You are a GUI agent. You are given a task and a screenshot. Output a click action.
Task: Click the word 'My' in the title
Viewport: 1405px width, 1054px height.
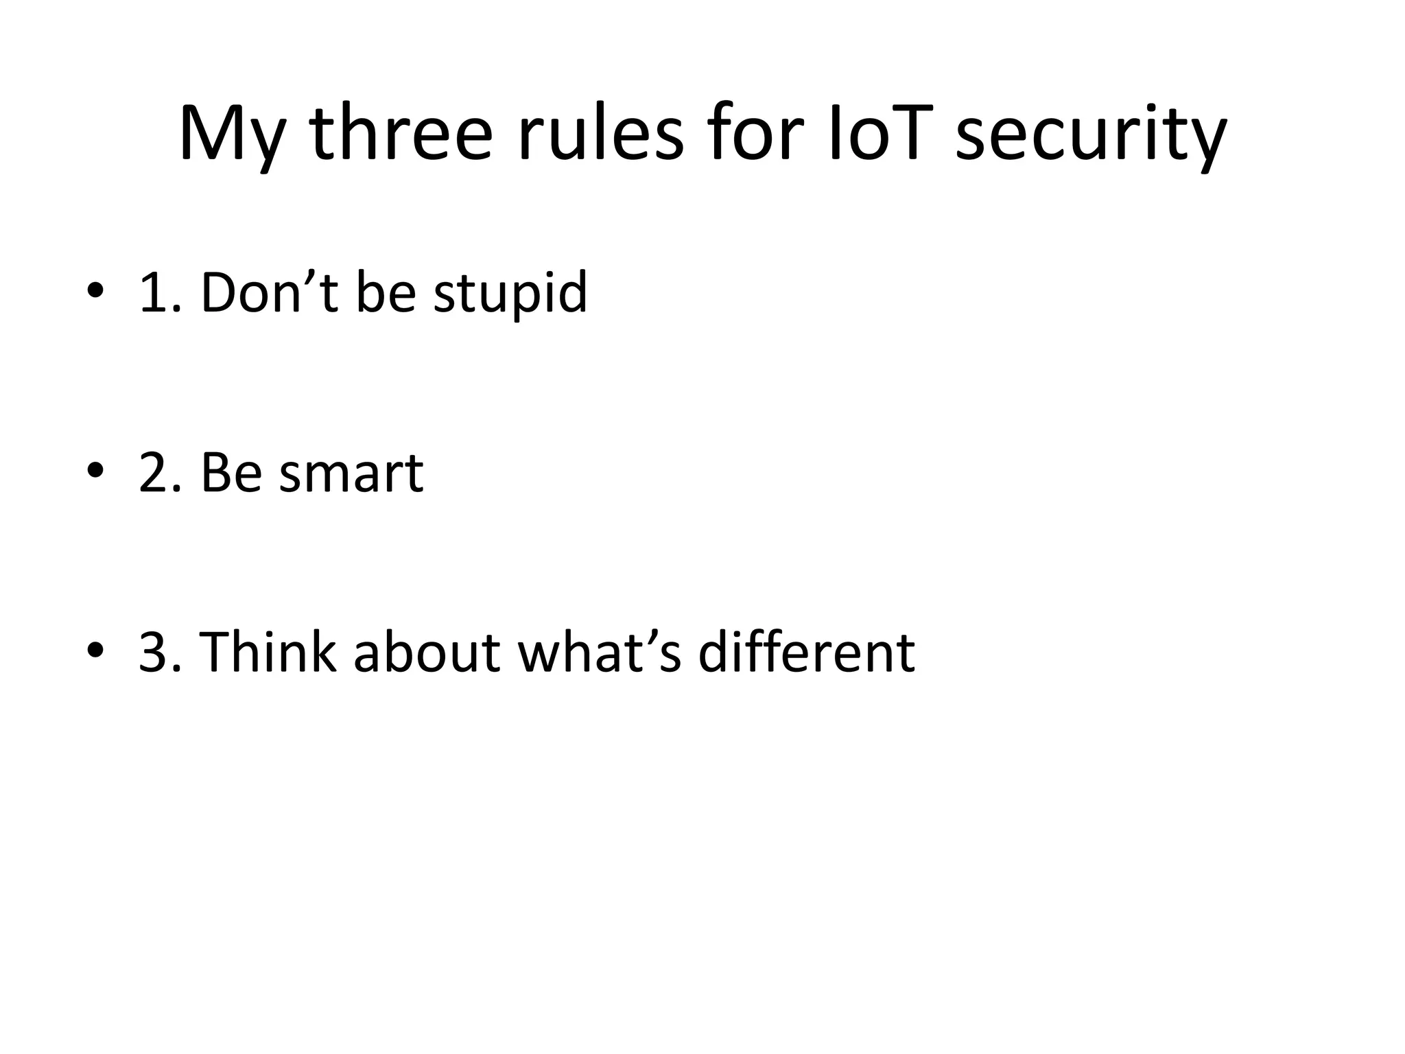(231, 134)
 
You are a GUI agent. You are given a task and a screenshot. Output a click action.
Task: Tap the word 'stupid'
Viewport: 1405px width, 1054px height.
(510, 295)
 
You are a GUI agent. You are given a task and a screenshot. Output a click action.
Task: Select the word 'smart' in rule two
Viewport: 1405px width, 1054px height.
(351, 475)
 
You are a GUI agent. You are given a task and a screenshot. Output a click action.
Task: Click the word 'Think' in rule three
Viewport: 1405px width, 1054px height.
(268, 652)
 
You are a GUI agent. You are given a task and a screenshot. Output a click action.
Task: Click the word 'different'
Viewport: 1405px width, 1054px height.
(806, 652)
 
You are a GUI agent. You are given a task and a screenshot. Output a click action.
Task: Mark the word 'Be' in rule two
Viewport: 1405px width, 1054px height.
(231, 473)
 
